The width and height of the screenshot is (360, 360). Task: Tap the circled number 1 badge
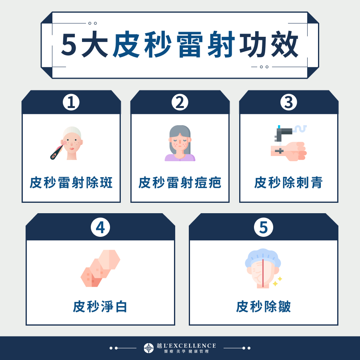point(71,102)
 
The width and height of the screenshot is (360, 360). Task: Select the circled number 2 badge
point(180,102)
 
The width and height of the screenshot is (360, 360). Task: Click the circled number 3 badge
point(288,102)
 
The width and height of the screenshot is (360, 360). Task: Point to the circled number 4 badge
point(100,227)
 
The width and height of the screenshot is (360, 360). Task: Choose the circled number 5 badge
point(263,227)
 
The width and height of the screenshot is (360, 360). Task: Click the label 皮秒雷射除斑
point(71,183)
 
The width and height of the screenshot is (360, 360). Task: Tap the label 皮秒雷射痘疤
point(180,183)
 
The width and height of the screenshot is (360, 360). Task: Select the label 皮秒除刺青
point(288,183)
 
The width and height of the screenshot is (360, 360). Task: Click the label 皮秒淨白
point(100,307)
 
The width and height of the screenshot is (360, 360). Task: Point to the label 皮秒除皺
point(263,307)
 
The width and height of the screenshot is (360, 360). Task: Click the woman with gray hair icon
point(180,143)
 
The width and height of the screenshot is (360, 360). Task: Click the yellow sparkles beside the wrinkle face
point(278,281)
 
